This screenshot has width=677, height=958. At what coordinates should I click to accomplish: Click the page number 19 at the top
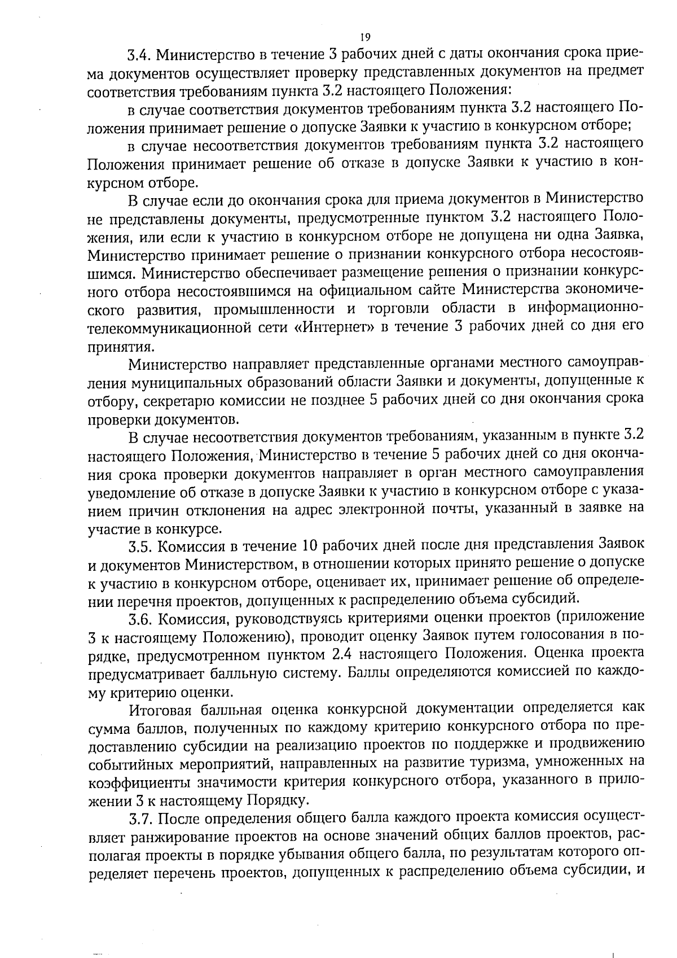click(x=364, y=38)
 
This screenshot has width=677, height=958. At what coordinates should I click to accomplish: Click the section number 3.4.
click(x=139, y=55)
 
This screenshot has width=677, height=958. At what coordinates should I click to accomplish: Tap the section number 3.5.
click(x=140, y=546)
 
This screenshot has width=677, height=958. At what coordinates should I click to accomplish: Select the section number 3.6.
click(x=140, y=619)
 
